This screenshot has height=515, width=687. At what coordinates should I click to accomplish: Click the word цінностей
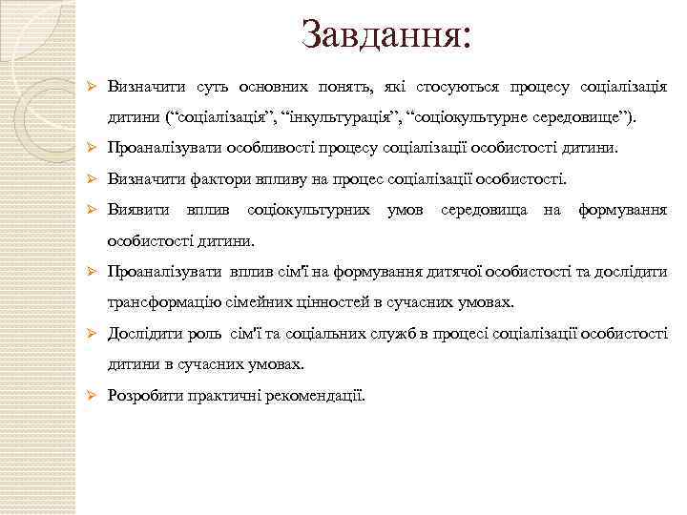click(332, 302)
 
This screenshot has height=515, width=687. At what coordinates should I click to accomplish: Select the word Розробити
click(146, 396)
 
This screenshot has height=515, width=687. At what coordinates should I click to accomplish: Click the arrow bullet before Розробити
click(93, 396)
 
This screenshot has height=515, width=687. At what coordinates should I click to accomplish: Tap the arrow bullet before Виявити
click(93, 209)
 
